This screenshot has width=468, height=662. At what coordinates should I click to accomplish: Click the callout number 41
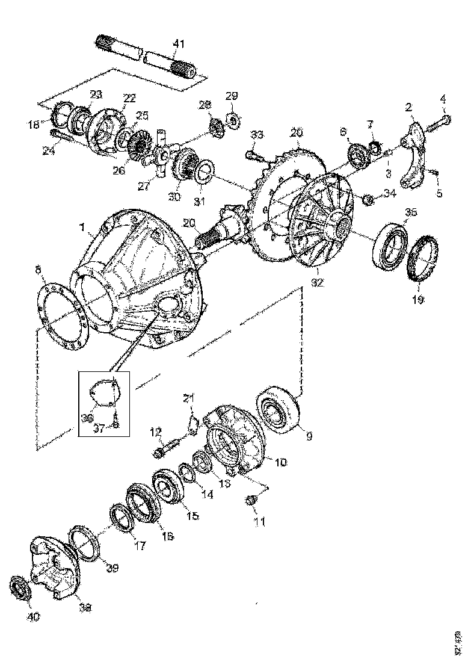click(179, 43)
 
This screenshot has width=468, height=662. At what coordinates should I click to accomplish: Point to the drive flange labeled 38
click(57, 566)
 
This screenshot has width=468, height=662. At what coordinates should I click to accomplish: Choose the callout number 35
click(410, 212)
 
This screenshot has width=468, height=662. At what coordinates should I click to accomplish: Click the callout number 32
click(318, 282)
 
